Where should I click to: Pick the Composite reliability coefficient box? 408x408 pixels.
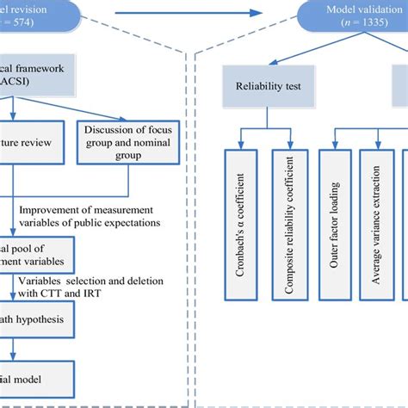click(x=289, y=226)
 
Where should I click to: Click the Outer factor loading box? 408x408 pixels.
click(x=338, y=226)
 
